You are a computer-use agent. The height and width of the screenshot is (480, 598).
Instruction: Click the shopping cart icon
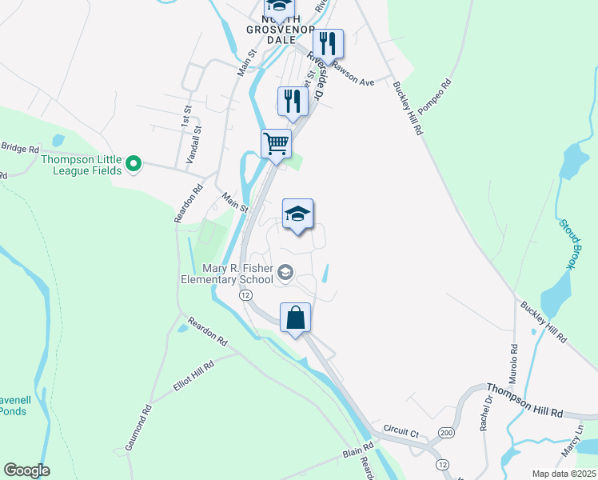276,144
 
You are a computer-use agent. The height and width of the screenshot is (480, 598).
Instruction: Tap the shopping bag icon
296,318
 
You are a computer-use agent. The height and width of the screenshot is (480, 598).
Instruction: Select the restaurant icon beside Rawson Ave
329,44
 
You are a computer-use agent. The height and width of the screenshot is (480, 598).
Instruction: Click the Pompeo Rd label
435,94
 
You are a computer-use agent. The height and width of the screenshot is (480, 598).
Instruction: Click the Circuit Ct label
401,432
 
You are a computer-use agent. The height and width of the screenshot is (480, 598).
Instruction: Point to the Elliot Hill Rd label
193,376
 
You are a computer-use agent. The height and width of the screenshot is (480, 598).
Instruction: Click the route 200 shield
445,432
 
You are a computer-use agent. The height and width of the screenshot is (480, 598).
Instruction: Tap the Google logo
26,470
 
